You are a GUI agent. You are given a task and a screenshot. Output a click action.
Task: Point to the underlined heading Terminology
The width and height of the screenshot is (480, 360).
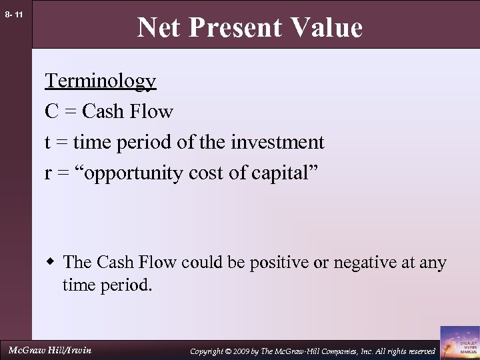pos(101,81)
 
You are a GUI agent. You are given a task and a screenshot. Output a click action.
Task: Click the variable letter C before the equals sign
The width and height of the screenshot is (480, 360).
pos(51,111)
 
